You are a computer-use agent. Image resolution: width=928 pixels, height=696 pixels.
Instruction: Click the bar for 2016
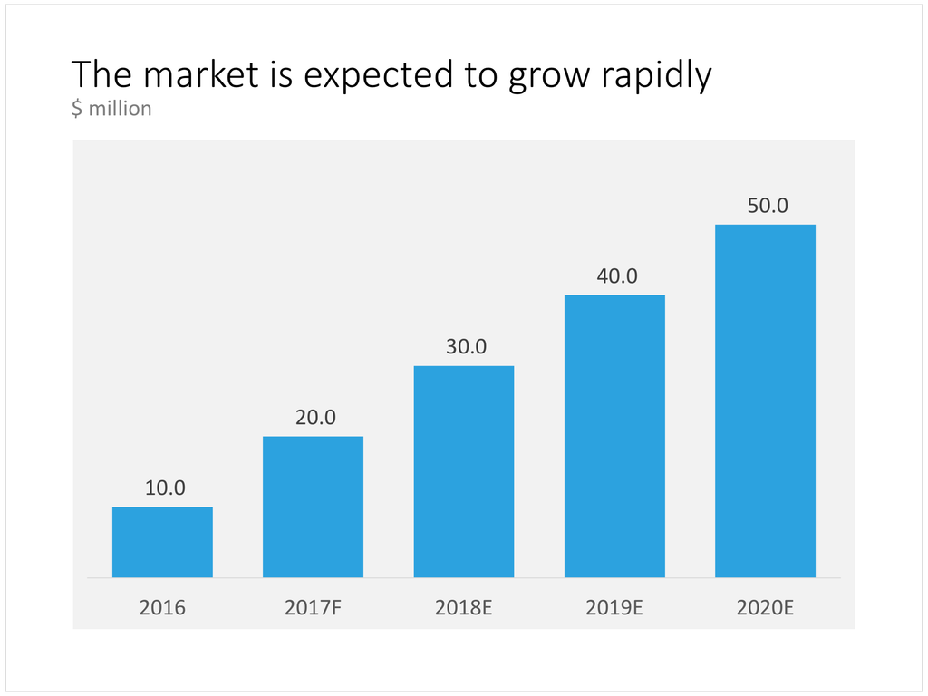[162, 542]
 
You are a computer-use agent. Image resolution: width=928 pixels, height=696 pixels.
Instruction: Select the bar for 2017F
[313, 507]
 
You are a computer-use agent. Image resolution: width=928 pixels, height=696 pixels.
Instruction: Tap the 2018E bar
[464, 471]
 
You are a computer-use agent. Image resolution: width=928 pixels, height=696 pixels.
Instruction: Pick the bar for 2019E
[614, 436]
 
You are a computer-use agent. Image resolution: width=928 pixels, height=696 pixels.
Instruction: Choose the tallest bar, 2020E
[765, 401]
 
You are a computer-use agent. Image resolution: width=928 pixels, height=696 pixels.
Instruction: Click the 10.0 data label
[165, 488]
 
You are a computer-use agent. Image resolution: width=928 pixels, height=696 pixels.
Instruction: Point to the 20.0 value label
[315, 417]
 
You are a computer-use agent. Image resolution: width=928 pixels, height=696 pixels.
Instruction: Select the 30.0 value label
[467, 346]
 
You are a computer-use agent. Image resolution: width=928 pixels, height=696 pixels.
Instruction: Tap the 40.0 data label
[617, 275]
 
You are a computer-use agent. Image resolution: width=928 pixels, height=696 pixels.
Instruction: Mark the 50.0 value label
[768, 206]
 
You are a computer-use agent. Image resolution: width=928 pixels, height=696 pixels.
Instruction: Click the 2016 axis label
[162, 607]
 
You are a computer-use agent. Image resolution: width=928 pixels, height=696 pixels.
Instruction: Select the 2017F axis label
[313, 607]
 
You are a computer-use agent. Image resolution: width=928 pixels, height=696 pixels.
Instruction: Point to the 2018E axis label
[464, 607]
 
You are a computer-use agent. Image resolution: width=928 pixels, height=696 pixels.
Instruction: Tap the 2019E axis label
[614, 607]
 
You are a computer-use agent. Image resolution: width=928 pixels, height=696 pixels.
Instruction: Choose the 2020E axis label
[765, 607]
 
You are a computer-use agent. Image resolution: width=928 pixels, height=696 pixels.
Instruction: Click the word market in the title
[201, 74]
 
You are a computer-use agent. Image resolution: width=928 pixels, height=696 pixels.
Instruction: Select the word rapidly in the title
[656, 77]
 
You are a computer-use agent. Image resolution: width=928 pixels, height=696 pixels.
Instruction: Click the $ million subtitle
[111, 109]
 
